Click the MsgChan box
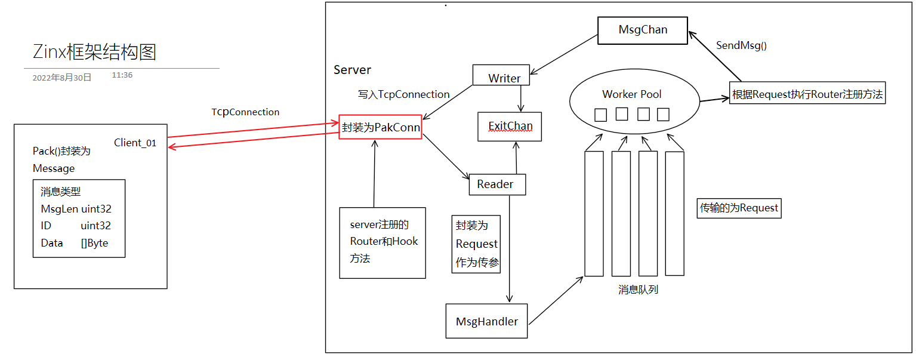coord(643,30)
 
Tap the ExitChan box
coord(510,127)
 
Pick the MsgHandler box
coord(487,321)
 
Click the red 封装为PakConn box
coord(380,127)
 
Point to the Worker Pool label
coord(631,94)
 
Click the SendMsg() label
coord(741,45)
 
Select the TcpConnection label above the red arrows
coord(245,112)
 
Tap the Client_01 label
coord(135,143)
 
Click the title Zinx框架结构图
coord(94,53)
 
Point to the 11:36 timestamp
coord(122,75)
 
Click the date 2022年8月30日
coord(62,78)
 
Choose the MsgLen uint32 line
coord(76,209)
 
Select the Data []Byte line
coord(75,243)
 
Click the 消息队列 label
coord(638,290)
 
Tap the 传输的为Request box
coord(739,208)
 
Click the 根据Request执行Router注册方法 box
coord(807,94)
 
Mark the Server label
coord(352,70)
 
